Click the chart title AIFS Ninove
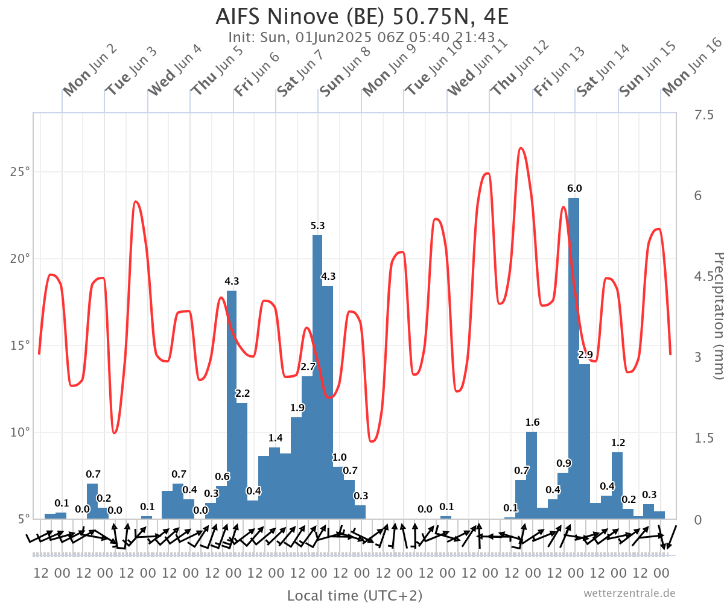pos(362,16)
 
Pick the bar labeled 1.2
pos(617,485)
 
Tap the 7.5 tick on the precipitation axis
pos(703,115)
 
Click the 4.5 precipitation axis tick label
pos(703,277)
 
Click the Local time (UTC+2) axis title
pos(355,596)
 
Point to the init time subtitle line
pos(362,37)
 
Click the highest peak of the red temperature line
pos(521,148)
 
